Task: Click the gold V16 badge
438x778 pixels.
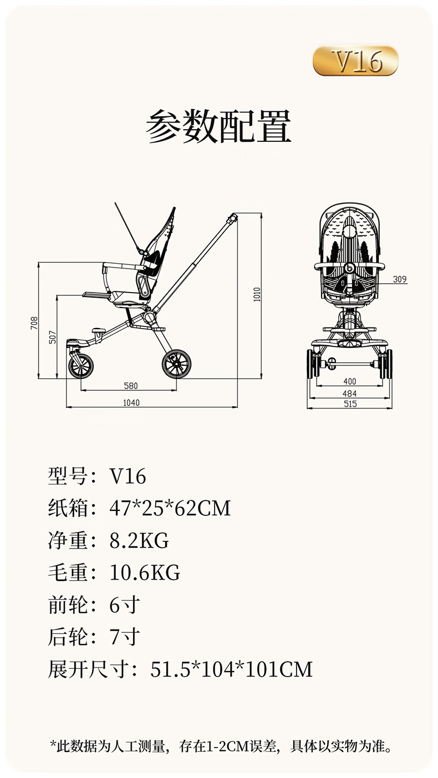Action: pyautogui.click(x=355, y=61)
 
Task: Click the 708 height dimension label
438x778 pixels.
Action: pyautogui.click(x=34, y=323)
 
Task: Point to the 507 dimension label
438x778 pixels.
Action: pyautogui.click(x=53, y=337)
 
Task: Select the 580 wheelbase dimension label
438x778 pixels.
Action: pyautogui.click(x=131, y=386)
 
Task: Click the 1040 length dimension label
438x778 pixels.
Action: pyautogui.click(x=131, y=403)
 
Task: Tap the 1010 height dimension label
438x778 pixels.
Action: pyautogui.click(x=256, y=294)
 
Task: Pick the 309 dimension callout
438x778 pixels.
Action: pyautogui.click(x=400, y=279)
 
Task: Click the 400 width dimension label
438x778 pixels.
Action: pyautogui.click(x=350, y=382)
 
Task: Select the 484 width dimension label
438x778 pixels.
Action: pyautogui.click(x=350, y=393)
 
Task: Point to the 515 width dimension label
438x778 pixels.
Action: pyautogui.click(x=350, y=404)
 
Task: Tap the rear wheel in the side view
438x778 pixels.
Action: pyautogui.click(x=176, y=364)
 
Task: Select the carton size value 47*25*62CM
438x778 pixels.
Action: pyautogui.click(x=170, y=508)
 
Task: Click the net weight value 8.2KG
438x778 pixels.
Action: pyautogui.click(x=139, y=540)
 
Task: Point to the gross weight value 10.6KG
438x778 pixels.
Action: pyautogui.click(x=145, y=572)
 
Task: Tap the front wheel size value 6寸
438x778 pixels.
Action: pyautogui.click(x=124, y=605)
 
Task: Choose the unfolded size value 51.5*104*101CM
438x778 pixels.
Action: pyautogui.click(x=231, y=669)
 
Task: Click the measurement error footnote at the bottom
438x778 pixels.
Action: pyautogui.click(x=221, y=746)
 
